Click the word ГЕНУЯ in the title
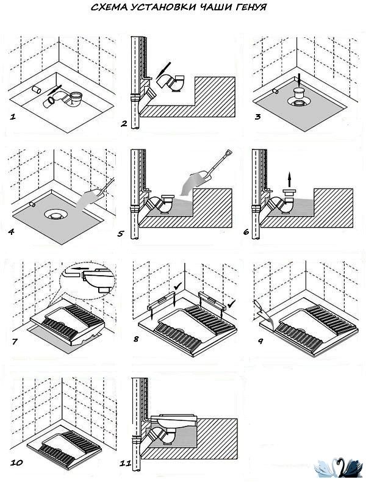click(x=248, y=8)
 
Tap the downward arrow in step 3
click(x=299, y=79)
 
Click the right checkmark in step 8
click(x=230, y=303)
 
